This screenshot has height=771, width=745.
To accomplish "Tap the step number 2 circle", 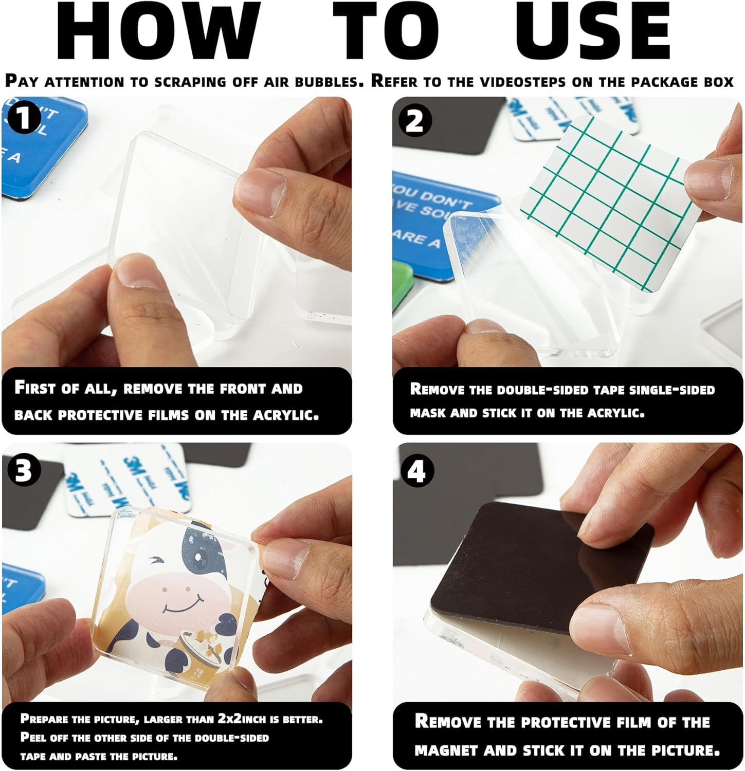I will [414, 121].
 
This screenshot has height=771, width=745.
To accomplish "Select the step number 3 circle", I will [23, 470].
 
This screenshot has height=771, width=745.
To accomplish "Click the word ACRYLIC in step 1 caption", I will [285, 415].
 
